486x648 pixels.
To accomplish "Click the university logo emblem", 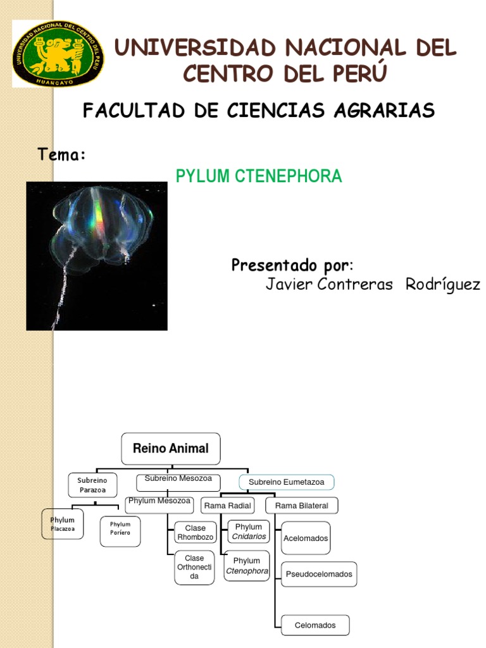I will [58, 53].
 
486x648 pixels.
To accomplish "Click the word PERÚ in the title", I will [355, 73].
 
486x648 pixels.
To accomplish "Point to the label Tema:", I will [61, 154].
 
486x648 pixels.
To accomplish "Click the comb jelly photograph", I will [97, 256].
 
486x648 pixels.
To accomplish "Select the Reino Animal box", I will [170, 449].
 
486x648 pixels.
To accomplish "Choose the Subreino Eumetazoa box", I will [286, 482].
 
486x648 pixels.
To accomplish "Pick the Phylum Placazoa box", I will [63, 524].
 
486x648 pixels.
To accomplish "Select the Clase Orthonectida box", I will [194, 567].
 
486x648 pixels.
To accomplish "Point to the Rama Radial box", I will [228, 506].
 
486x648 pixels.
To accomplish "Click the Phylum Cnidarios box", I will [248, 532].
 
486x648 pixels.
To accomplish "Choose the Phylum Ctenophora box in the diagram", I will [247, 566].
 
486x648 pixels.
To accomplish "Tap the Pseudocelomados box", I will [319, 574].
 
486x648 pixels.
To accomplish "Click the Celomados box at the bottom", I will [315, 625].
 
